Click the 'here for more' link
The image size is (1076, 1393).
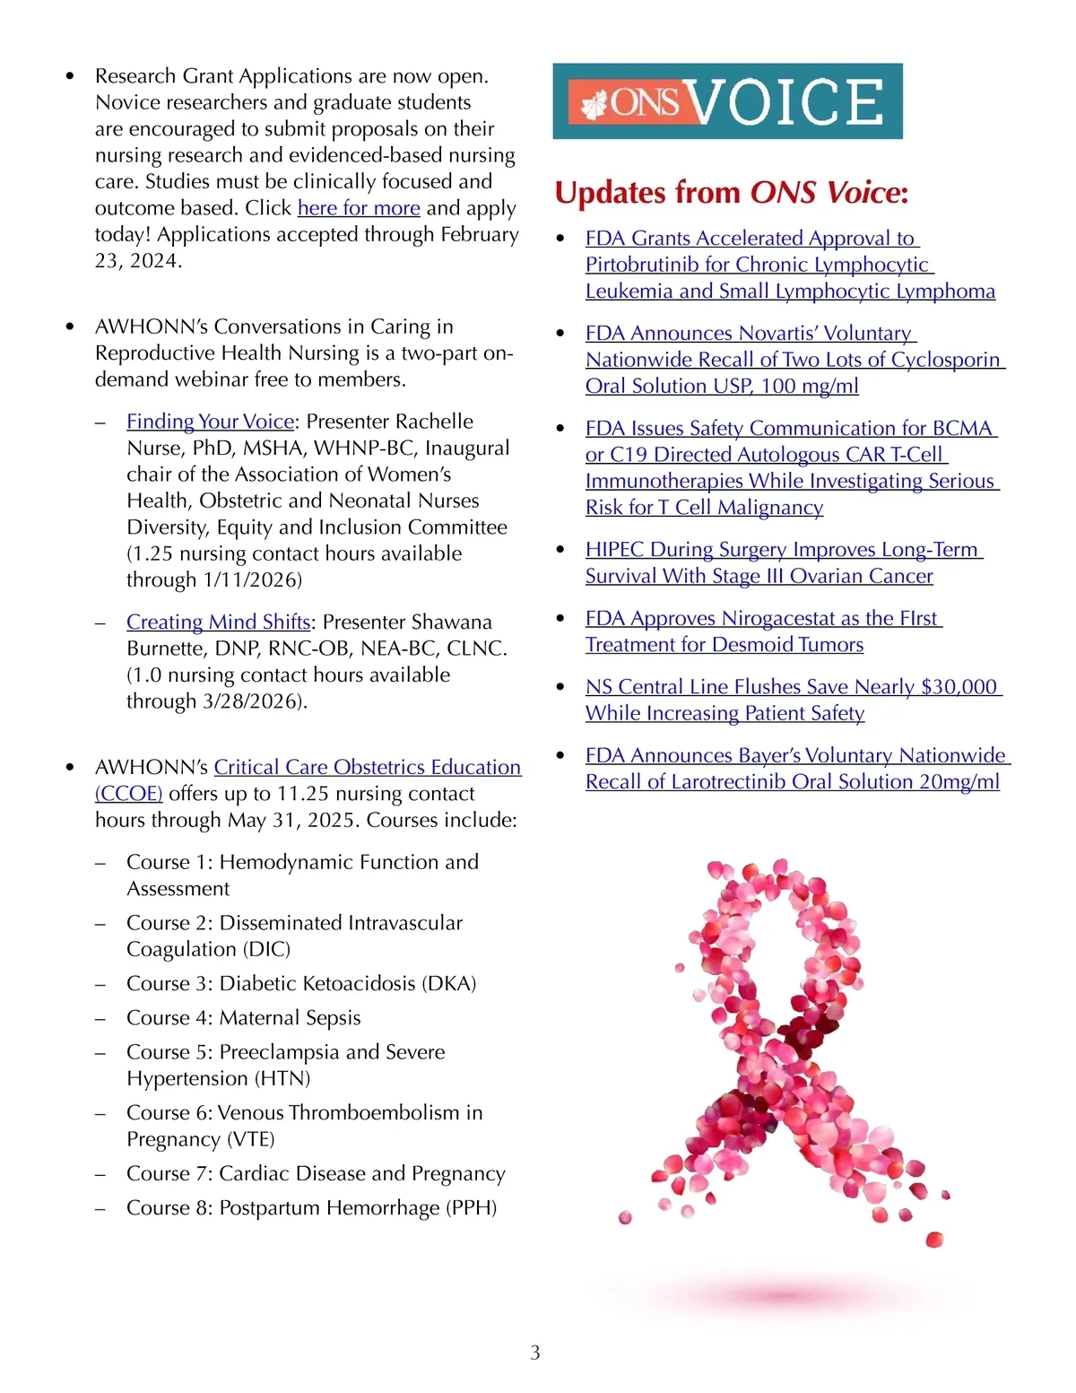[x=359, y=208]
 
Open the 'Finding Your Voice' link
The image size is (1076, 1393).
[x=210, y=422]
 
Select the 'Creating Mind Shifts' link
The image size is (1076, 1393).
[x=218, y=622]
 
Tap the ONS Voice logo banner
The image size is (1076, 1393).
[x=727, y=101]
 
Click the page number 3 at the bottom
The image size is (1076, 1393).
[x=535, y=1353]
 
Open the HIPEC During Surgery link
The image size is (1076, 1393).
[x=759, y=562]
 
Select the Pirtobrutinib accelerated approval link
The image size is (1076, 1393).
[x=789, y=265]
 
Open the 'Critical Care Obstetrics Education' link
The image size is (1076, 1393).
[x=367, y=768]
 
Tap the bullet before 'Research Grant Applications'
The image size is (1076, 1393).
[x=70, y=77]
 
